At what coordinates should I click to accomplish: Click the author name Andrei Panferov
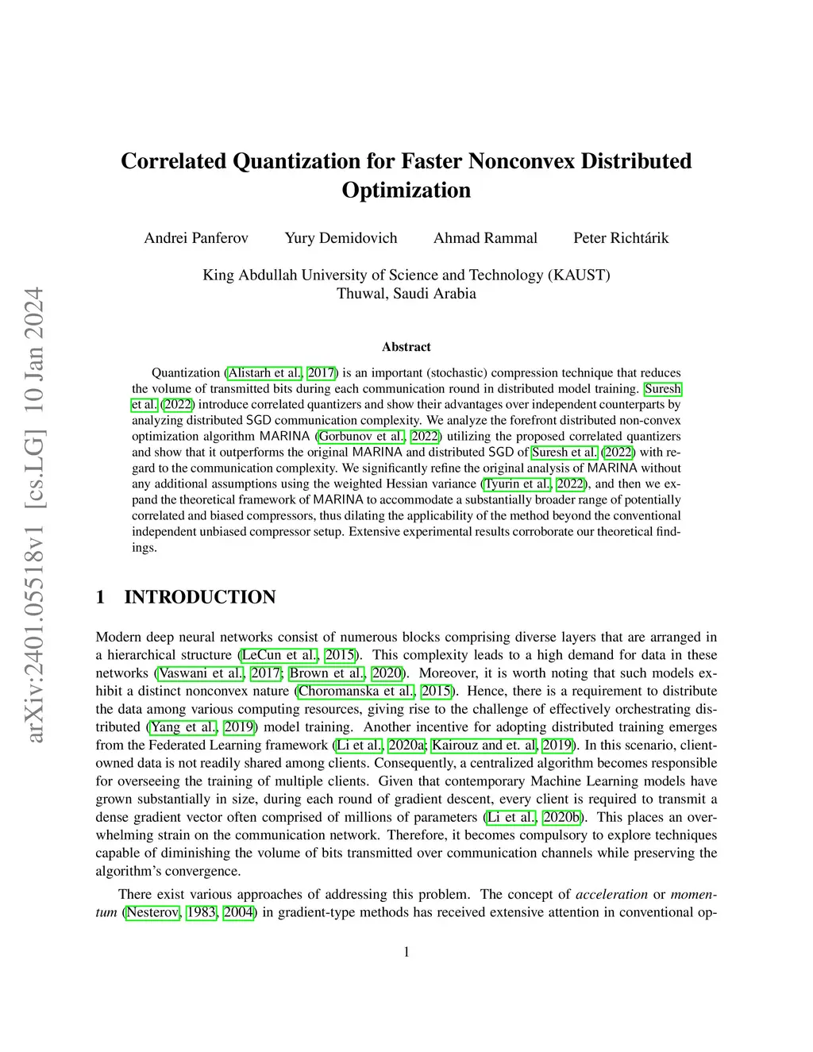(x=196, y=238)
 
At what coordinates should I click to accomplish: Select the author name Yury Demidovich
(x=341, y=238)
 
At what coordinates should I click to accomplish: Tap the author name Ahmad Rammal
(x=485, y=238)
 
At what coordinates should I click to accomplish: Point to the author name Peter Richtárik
(x=621, y=238)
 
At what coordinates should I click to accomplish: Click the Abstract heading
(x=406, y=347)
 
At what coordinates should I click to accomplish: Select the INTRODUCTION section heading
(x=200, y=597)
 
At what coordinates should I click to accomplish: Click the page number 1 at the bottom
(x=406, y=952)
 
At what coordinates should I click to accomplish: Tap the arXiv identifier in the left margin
(x=33, y=516)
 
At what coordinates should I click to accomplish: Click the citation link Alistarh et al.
(x=265, y=373)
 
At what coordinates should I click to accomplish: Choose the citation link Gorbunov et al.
(x=362, y=437)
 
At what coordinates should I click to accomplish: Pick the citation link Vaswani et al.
(x=202, y=673)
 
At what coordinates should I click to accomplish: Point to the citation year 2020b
(x=562, y=818)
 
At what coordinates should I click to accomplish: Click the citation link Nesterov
(x=153, y=913)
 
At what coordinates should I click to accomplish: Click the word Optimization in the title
(x=406, y=191)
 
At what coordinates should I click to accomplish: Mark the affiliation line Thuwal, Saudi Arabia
(x=406, y=294)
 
